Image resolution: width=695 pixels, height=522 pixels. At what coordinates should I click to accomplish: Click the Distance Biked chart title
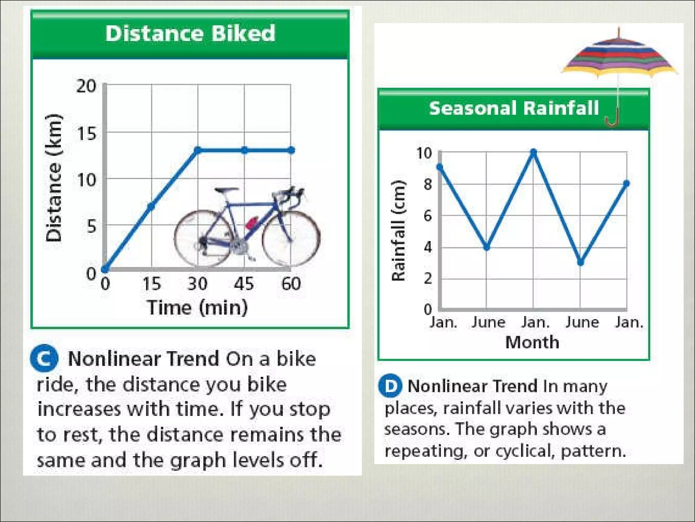point(190,34)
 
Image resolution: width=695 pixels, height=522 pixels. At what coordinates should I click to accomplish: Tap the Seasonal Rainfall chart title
point(514,108)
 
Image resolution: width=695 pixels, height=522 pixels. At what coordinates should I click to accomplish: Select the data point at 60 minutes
point(291,150)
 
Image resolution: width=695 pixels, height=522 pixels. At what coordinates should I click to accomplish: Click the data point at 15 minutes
point(151,206)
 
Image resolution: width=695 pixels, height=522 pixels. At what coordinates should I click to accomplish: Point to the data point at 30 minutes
point(198,150)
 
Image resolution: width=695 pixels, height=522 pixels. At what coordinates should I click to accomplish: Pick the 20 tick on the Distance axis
point(86,86)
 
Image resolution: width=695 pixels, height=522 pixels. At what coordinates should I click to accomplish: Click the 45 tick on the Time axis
point(244,284)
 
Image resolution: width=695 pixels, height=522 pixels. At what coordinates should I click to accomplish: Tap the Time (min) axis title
point(197,308)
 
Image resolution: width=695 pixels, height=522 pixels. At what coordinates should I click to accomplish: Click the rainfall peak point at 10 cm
point(533,152)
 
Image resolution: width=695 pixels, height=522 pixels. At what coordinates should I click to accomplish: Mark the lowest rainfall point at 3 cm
point(581,263)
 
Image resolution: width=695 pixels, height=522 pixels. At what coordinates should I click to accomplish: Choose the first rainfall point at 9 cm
point(440,167)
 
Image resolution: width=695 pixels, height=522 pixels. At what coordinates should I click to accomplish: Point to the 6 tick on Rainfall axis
point(428,215)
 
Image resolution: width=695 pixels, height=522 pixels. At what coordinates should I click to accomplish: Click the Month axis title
point(532,342)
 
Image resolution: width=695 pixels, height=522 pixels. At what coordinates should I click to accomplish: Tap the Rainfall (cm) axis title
point(399,231)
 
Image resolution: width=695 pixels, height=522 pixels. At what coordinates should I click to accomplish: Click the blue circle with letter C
point(44,358)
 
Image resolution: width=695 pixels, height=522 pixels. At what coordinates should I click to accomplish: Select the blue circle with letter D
point(390,386)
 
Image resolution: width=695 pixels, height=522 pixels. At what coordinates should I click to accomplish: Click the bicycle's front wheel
point(291,238)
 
